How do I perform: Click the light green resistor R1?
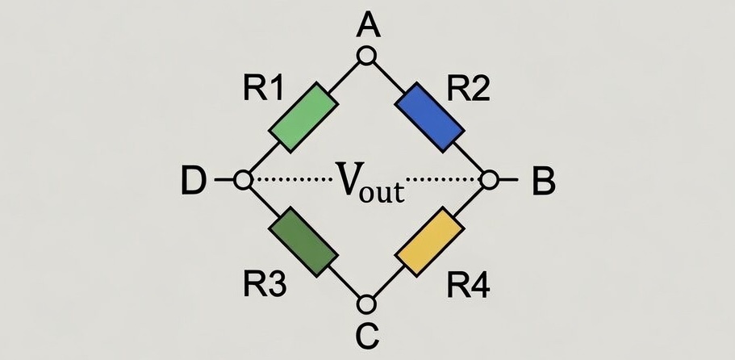pos(301,116)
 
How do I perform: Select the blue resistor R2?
pos(433,117)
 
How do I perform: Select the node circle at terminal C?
pos(367,305)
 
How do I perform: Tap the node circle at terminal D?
pos(242,181)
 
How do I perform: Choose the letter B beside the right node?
pos(544,182)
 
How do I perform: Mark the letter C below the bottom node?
pos(368,334)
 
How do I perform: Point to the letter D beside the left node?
pos(192,182)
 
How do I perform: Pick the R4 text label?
pos(469,283)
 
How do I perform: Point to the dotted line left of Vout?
pos(290,178)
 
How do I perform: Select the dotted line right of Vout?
pos(444,178)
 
